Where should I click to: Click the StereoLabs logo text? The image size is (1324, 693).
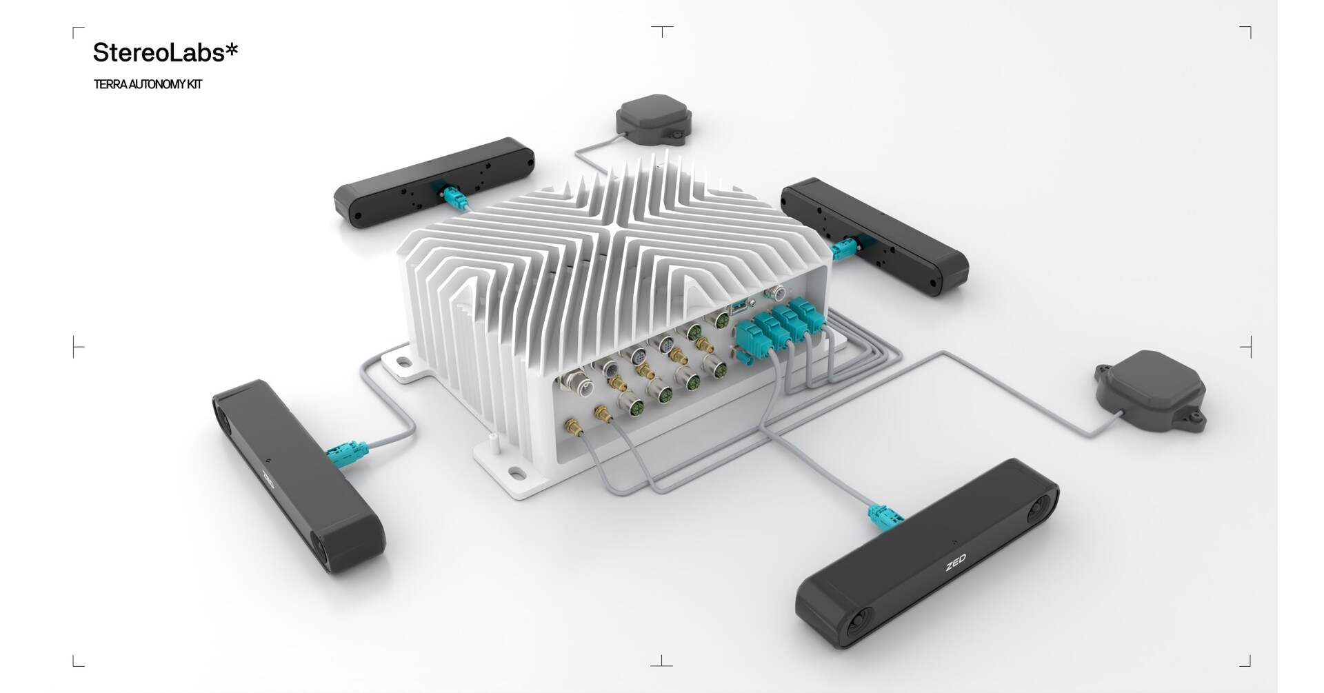pyautogui.click(x=165, y=52)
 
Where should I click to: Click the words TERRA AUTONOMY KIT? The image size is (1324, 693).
pyautogui.click(x=148, y=85)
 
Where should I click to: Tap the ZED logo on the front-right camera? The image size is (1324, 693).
pyautogui.click(x=956, y=562)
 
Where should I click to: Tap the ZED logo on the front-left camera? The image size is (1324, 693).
pyautogui.click(x=268, y=478)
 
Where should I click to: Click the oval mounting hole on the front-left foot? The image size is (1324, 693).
pyautogui.click(x=515, y=473)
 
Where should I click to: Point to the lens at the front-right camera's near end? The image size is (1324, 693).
pyautogui.click(x=855, y=621)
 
